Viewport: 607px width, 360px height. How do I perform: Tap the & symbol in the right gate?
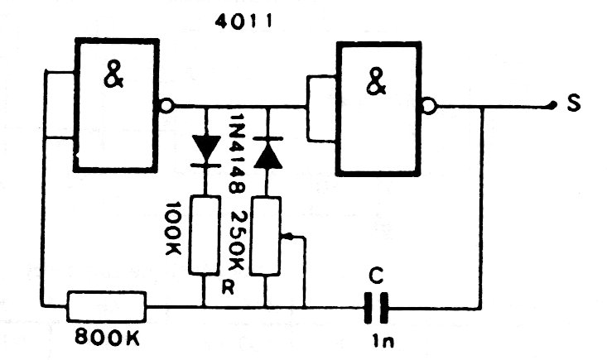[377, 81]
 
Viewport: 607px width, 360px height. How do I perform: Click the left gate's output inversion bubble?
[166, 106]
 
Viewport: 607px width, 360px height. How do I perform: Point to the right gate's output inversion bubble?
[426, 106]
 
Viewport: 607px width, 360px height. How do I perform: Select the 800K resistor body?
[106, 305]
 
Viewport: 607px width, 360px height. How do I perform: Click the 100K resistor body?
[203, 234]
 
